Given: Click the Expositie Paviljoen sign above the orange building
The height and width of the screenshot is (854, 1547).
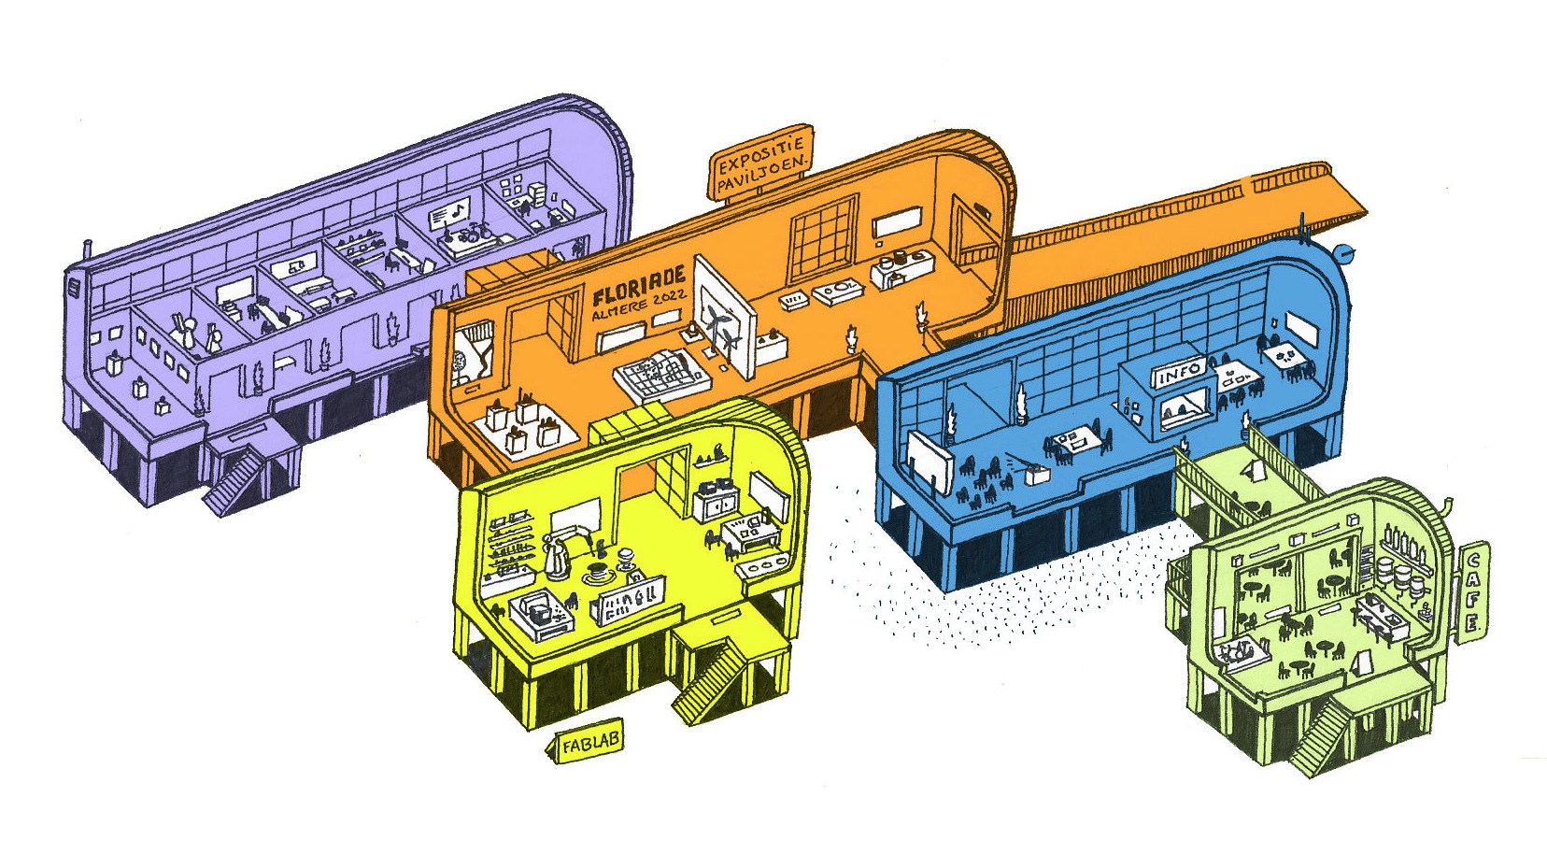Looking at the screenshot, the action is point(761,164).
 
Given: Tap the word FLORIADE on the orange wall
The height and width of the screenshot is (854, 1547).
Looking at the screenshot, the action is point(639,285).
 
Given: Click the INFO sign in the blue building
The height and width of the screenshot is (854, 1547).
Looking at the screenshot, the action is point(1178,376).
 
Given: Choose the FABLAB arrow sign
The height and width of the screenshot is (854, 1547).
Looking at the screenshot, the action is point(586,743).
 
